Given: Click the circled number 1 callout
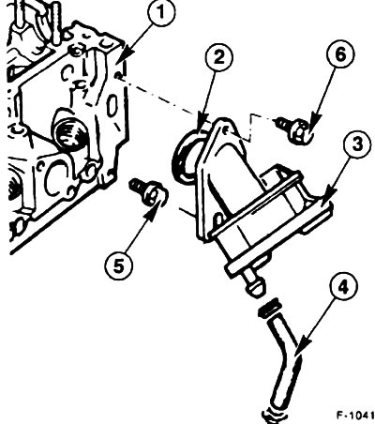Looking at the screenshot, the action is [161, 13].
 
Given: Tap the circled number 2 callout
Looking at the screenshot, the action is [219, 57].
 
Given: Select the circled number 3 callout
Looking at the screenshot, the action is [358, 144].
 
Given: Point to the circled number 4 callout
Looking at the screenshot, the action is [343, 287].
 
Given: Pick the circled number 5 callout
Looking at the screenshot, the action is [119, 267].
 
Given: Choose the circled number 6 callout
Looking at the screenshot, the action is [340, 54].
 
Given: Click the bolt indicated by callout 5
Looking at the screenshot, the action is [147, 191].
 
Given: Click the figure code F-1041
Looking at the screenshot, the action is [355, 415].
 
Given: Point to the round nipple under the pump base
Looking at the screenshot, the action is [255, 282].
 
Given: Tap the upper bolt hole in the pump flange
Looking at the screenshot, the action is [227, 129].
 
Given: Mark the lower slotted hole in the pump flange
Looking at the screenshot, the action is [217, 220].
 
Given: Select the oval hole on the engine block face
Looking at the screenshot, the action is [112, 106].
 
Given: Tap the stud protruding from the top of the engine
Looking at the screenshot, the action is [57, 22].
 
